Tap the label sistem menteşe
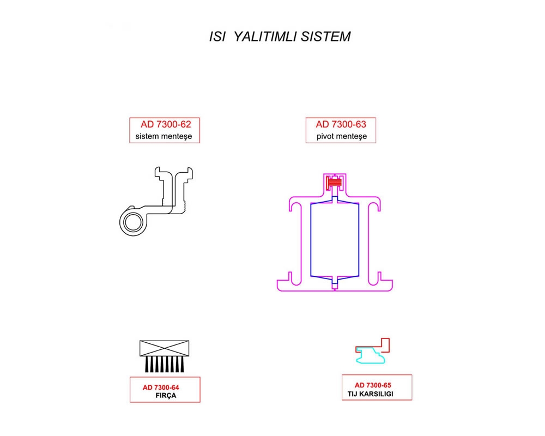[x=164, y=136]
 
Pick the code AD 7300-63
[x=341, y=124]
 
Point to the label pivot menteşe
[x=341, y=136]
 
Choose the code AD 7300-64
[x=161, y=387]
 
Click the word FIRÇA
[x=166, y=396]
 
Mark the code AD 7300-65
[x=373, y=385]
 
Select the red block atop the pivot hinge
[x=334, y=183]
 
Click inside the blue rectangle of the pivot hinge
[x=334, y=240]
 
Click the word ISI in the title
[x=217, y=37]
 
